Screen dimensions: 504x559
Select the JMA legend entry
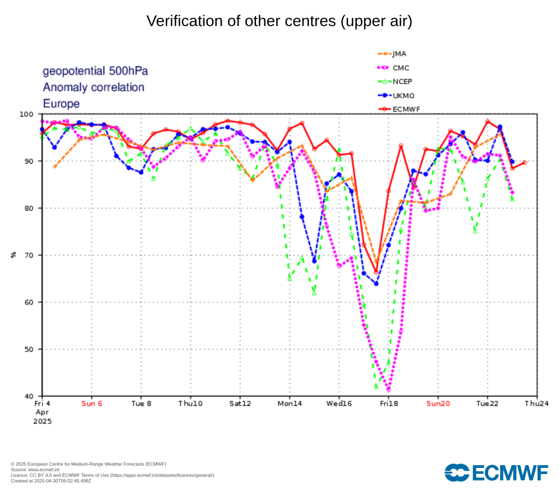[399, 54]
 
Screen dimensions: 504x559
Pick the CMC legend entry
[400, 68]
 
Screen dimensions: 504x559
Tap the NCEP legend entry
[402, 81]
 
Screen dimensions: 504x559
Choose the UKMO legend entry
[403, 96]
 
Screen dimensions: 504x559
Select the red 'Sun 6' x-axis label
[91, 404]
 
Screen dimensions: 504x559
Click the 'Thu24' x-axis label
[537, 404]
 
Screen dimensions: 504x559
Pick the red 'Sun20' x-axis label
[438, 404]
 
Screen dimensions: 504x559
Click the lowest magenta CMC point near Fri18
[388, 390]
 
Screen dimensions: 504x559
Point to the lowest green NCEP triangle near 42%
[376, 386]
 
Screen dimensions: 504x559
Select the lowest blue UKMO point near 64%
[376, 284]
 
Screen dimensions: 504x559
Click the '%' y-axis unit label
[14, 255]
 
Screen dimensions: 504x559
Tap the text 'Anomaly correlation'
[93, 87]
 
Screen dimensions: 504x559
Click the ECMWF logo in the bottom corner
[496, 472]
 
